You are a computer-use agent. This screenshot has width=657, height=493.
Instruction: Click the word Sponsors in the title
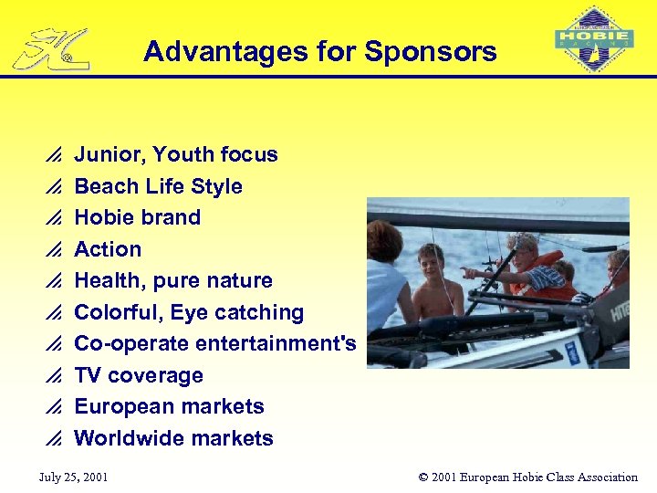point(430,51)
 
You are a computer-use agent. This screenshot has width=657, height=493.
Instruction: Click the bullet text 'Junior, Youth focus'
point(175,154)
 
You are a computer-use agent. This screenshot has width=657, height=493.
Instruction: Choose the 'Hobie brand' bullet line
point(137,217)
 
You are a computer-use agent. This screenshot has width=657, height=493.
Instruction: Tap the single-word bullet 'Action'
point(108,249)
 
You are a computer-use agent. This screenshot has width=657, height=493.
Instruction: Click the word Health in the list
point(108,280)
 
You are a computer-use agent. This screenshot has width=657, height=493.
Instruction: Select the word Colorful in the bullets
point(113,312)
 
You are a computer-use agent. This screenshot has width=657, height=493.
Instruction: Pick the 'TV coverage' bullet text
point(138,375)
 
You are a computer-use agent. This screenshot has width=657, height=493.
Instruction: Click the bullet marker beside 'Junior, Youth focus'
point(53,155)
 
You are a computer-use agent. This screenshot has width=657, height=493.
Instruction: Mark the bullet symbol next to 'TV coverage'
point(53,376)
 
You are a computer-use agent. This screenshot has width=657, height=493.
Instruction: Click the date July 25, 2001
point(73,477)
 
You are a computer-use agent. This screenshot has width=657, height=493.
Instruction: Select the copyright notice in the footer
point(527,477)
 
